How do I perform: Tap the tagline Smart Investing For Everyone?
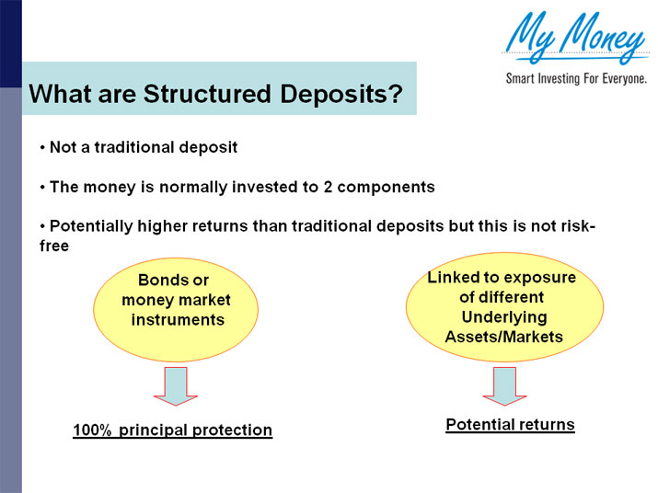(x=576, y=79)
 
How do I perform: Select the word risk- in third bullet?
(x=577, y=226)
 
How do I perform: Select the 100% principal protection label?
(x=173, y=430)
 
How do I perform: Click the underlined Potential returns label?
(x=510, y=425)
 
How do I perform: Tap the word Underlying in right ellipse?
(x=503, y=317)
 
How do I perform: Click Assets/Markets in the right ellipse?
(x=503, y=337)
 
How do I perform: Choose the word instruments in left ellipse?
(x=178, y=320)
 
